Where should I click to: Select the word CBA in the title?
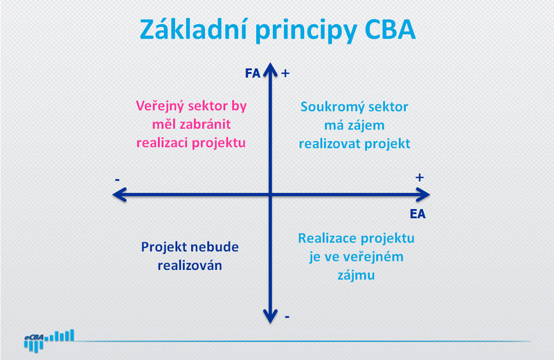click(x=390, y=29)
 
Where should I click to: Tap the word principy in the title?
click(x=305, y=31)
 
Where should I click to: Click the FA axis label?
click(x=253, y=73)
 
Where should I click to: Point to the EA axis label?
click(x=418, y=214)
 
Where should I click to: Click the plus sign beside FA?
click(x=285, y=73)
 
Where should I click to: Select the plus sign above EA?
click(x=420, y=177)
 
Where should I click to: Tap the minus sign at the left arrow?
click(x=117, y=180)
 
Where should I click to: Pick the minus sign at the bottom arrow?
click(x=287, y=317)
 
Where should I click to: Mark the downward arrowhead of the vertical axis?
click(x=270, y=316)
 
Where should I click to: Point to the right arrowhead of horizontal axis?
click(x=423, y=195)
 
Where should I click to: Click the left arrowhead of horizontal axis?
click(x=119, y=195)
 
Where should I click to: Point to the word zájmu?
click(x=356, y=276)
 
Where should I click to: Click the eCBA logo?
click(x=49, y=341)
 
